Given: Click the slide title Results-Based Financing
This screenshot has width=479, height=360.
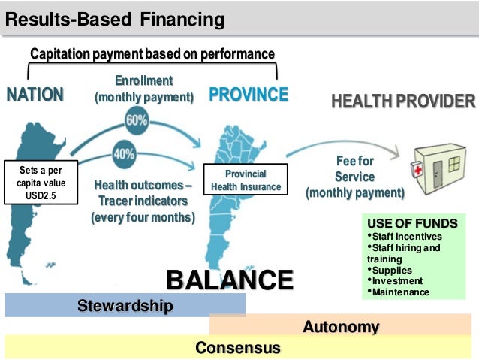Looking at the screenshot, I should click(x=115, y=19).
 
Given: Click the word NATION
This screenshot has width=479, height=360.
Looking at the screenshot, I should click(x=35, y=95).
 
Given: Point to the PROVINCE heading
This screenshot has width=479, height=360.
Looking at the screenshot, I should click(x=249, y=95).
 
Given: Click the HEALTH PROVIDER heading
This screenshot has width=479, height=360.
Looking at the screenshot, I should click(x=403, y=101).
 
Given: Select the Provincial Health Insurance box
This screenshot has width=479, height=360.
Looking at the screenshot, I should click(x=246, y=180).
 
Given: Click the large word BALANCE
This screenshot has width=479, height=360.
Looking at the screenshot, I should click(x=229, y=280).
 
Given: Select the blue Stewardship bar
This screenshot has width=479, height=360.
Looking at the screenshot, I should click(x=125, y=305).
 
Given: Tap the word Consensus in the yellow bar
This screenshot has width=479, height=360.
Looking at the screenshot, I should click(x=237, y=348).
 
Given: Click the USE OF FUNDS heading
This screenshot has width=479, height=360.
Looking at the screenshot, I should click(x=412, y=223).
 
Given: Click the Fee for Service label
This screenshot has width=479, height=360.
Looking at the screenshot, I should click(x=354, y=177).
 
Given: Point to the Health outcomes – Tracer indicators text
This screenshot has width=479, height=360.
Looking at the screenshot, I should click(x=143, y=201).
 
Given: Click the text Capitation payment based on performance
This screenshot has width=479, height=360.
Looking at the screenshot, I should click(x=152, y=54).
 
